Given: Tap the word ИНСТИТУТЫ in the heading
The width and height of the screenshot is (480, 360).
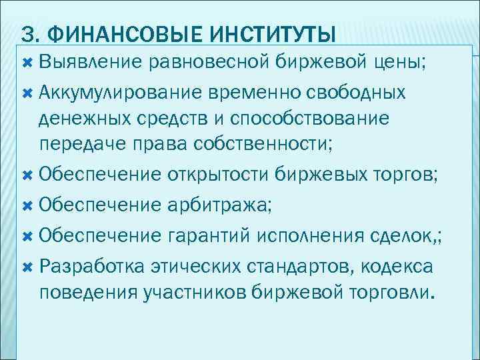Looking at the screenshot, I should pyautogui.click(x=267, y=32).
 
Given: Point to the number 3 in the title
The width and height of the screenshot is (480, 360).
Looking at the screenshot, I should pyautogui.click(x=27, y=32).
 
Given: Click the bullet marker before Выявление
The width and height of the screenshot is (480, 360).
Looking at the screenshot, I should pyautogui.click(x=27, y=63).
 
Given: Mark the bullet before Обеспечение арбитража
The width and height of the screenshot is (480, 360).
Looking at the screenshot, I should pyautogui.click(x=27, y=206).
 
